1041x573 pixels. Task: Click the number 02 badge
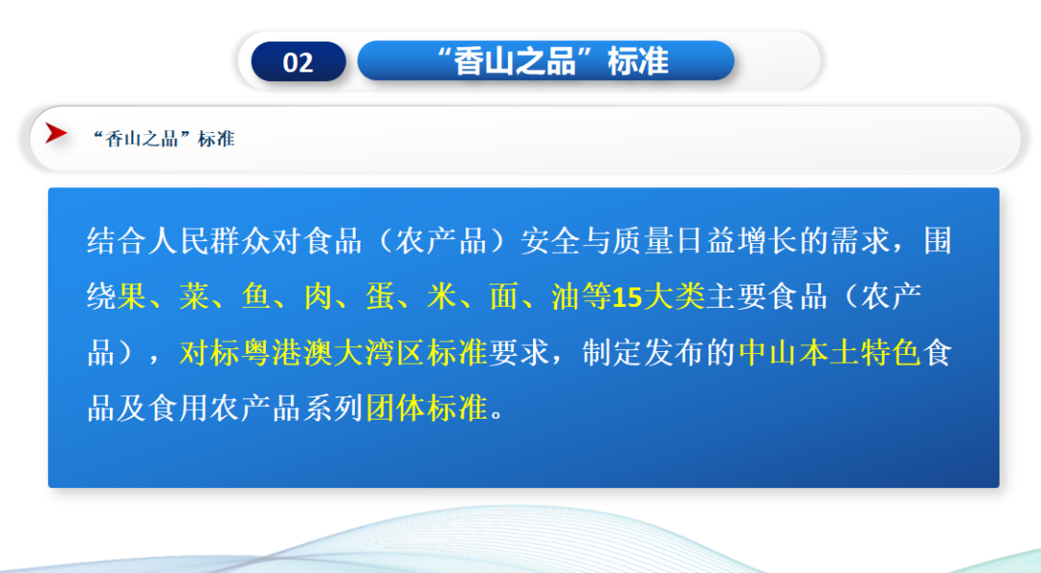click(x=298, y=62)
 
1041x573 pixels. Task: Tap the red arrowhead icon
click(x=57, y=134)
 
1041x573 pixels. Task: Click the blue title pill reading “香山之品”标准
click(x=546, y=61)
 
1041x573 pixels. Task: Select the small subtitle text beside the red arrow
click(x=164, y=139)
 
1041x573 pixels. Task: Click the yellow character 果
click(x=132, y=297)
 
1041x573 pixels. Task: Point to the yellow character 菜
click(x=194, y=297)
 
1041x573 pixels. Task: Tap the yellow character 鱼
click(x=255, y=297)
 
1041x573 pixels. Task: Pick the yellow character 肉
click(x=318, y=297)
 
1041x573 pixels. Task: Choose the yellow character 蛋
click(x=380, y=297)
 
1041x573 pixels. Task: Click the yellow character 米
click(x=442, y=297)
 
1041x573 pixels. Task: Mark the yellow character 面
click(x=504, y=297)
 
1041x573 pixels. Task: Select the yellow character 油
click(x=566, y=297)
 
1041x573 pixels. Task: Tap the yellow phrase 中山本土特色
click(x=831, y=353)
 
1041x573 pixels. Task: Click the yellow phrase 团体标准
click(x=427, y=408)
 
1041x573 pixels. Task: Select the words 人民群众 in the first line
click(x=210, y=241)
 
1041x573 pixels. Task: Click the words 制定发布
click(x=644, y=353)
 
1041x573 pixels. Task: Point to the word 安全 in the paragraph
click(x=551, y=241)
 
